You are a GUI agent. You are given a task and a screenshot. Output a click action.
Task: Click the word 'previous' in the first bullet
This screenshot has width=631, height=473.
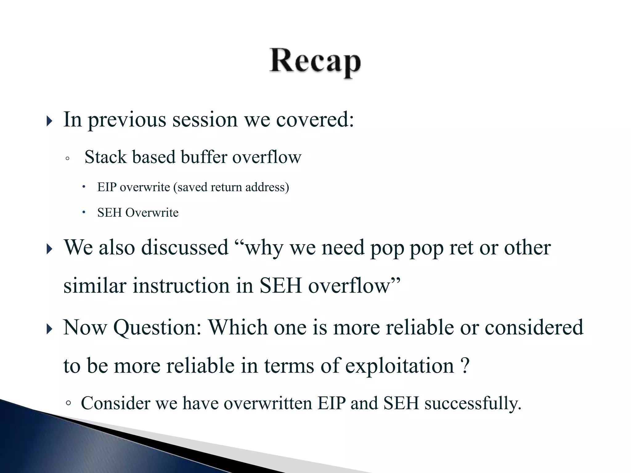(x=127, y=120)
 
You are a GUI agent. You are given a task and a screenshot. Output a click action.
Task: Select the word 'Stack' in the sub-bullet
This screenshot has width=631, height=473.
(x=105, y=157)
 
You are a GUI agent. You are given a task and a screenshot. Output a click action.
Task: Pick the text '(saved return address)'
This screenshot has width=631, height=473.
(x=231, y=187)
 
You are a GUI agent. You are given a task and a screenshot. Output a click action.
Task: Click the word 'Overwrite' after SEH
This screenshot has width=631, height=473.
(x=152, y=213)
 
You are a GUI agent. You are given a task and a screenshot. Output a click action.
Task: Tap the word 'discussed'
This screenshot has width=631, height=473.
(x=185, y=247)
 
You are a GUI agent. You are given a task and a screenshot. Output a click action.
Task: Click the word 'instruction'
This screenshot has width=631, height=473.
(x=181, y=285)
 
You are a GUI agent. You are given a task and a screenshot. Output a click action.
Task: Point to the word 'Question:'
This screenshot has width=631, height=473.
(x=157, y=327)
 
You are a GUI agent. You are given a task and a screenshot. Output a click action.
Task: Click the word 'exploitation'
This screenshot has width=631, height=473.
(x=399, y=366)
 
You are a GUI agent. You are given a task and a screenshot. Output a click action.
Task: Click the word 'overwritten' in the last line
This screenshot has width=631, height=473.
(x=268, y=403)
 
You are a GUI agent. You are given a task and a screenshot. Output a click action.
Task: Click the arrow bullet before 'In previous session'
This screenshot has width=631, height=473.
(x=49, y=121)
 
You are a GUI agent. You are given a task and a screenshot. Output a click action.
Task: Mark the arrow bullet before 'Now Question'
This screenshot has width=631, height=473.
(x=49, y=329)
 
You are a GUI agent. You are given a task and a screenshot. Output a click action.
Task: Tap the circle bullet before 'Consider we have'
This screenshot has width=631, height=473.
(x=68, y=403)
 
